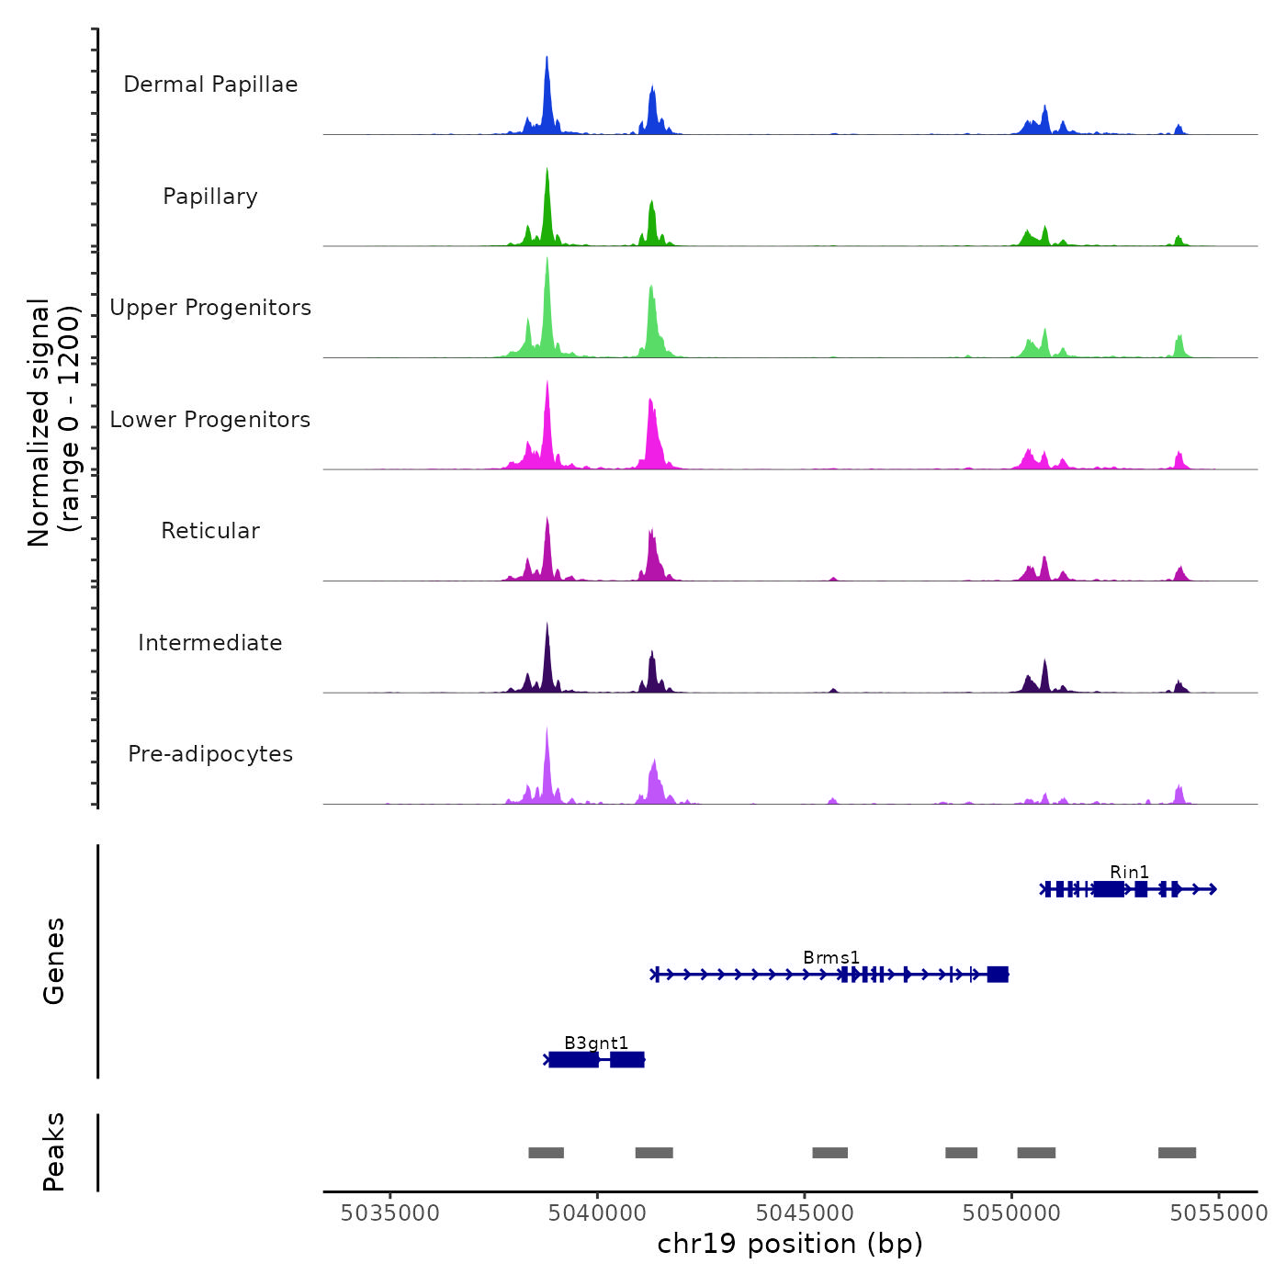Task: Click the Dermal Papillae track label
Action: pos(210,85)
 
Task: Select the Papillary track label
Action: pos(210,197)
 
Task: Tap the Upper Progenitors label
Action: pos(210,308)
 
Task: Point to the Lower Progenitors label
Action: pos(210,420)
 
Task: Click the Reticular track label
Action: pos(210,531)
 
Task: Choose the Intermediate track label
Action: pos(210,643)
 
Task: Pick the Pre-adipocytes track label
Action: pos(210,754)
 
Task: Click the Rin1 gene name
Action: pos(1129,872)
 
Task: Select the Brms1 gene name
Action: pos(831,957)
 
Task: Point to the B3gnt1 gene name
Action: pos(596,1043)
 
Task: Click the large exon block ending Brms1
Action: pos(998,975)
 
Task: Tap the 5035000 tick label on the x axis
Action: pos(389,1213)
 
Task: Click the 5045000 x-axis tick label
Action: pos(805,1213)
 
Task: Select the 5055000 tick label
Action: pos(1218,1213)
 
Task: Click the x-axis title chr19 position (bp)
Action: pos(790,1244)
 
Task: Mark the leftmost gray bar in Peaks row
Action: pos(546,1153)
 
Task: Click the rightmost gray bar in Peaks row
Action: pos(1177,1153)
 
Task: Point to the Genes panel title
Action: pos(54,961)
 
